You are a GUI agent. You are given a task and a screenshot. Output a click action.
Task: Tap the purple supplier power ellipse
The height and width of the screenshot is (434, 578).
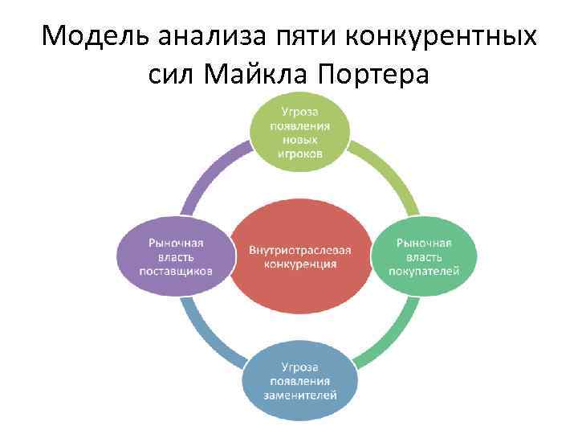coord(176,256)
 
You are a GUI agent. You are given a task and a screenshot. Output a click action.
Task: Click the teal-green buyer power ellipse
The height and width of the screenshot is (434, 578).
coord(424,256)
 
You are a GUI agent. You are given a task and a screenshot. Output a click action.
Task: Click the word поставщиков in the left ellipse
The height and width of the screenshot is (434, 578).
coord(176,272)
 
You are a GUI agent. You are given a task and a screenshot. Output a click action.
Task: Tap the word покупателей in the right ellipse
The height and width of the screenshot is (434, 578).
coord(424,272)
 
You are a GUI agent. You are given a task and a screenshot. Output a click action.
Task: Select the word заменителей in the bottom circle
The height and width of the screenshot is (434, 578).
coord(299,395)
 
